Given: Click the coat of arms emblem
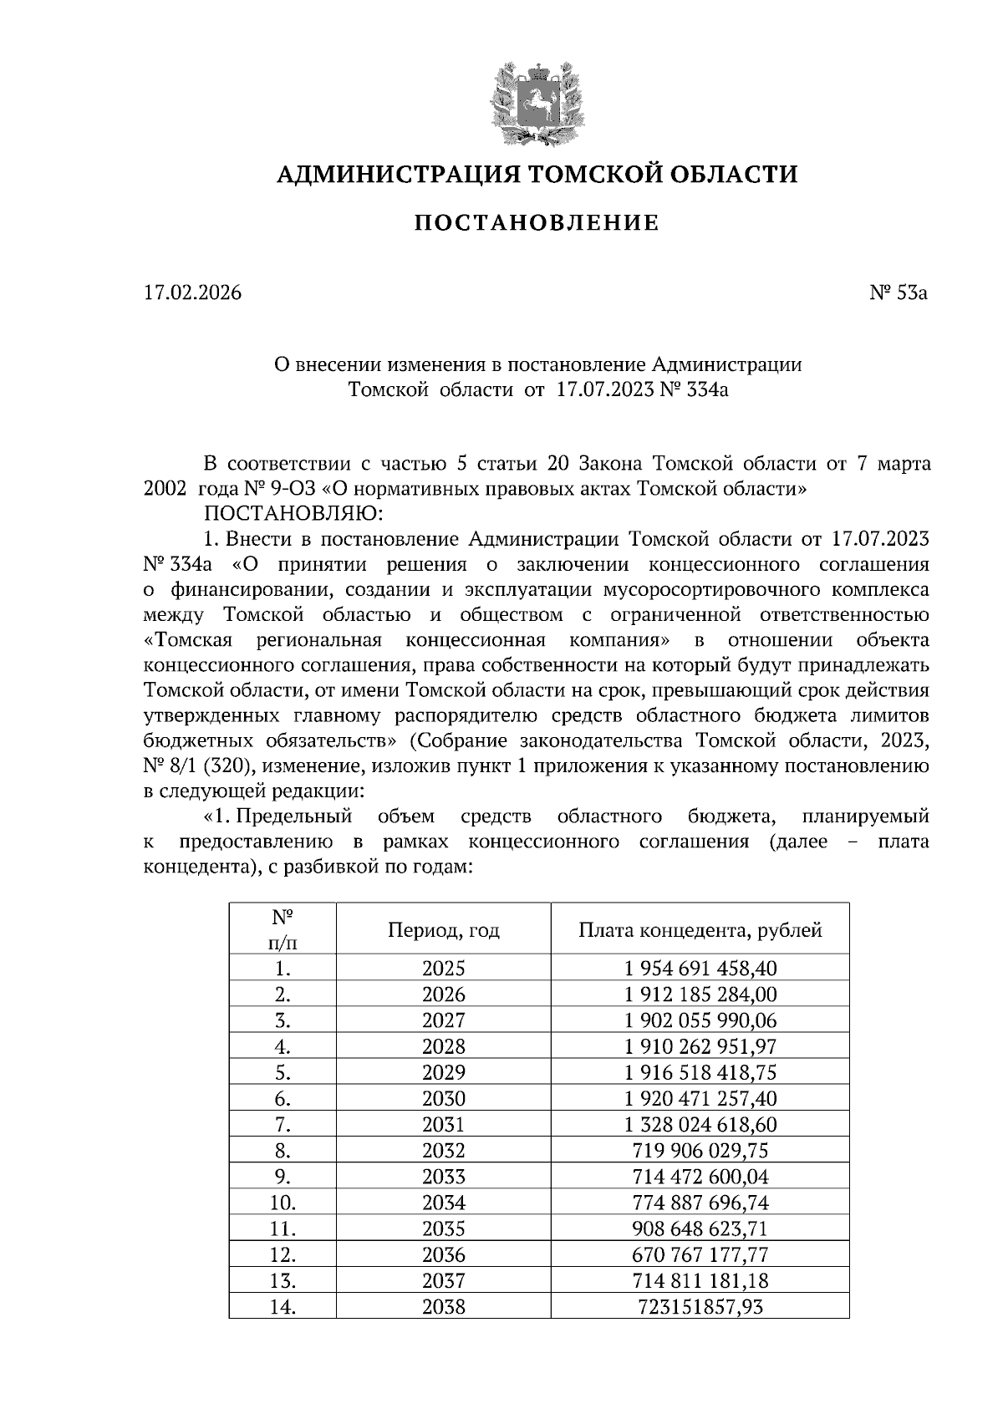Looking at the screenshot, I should click(536, 103).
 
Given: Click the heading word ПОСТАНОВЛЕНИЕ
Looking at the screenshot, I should click(537, 223).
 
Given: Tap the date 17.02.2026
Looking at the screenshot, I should click(192, 293).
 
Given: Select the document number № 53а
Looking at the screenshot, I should click(898, 293).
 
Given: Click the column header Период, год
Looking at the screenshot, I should click(443, 929).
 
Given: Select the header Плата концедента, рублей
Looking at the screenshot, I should click(700, 929).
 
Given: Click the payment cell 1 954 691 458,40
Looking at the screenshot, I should click(700, 969).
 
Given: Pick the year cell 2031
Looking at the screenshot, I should click(443, 1125).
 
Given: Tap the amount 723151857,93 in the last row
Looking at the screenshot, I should click(700, 1306).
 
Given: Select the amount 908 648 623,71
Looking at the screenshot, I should click(700, 1228).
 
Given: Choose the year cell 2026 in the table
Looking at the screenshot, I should click(443, 994).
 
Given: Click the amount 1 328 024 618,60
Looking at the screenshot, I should click(700, 1125).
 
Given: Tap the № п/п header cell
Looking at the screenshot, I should click(283, 928).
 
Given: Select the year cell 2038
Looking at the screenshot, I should click(443, 1306).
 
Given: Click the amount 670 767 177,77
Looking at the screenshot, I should click(700, 1254).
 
